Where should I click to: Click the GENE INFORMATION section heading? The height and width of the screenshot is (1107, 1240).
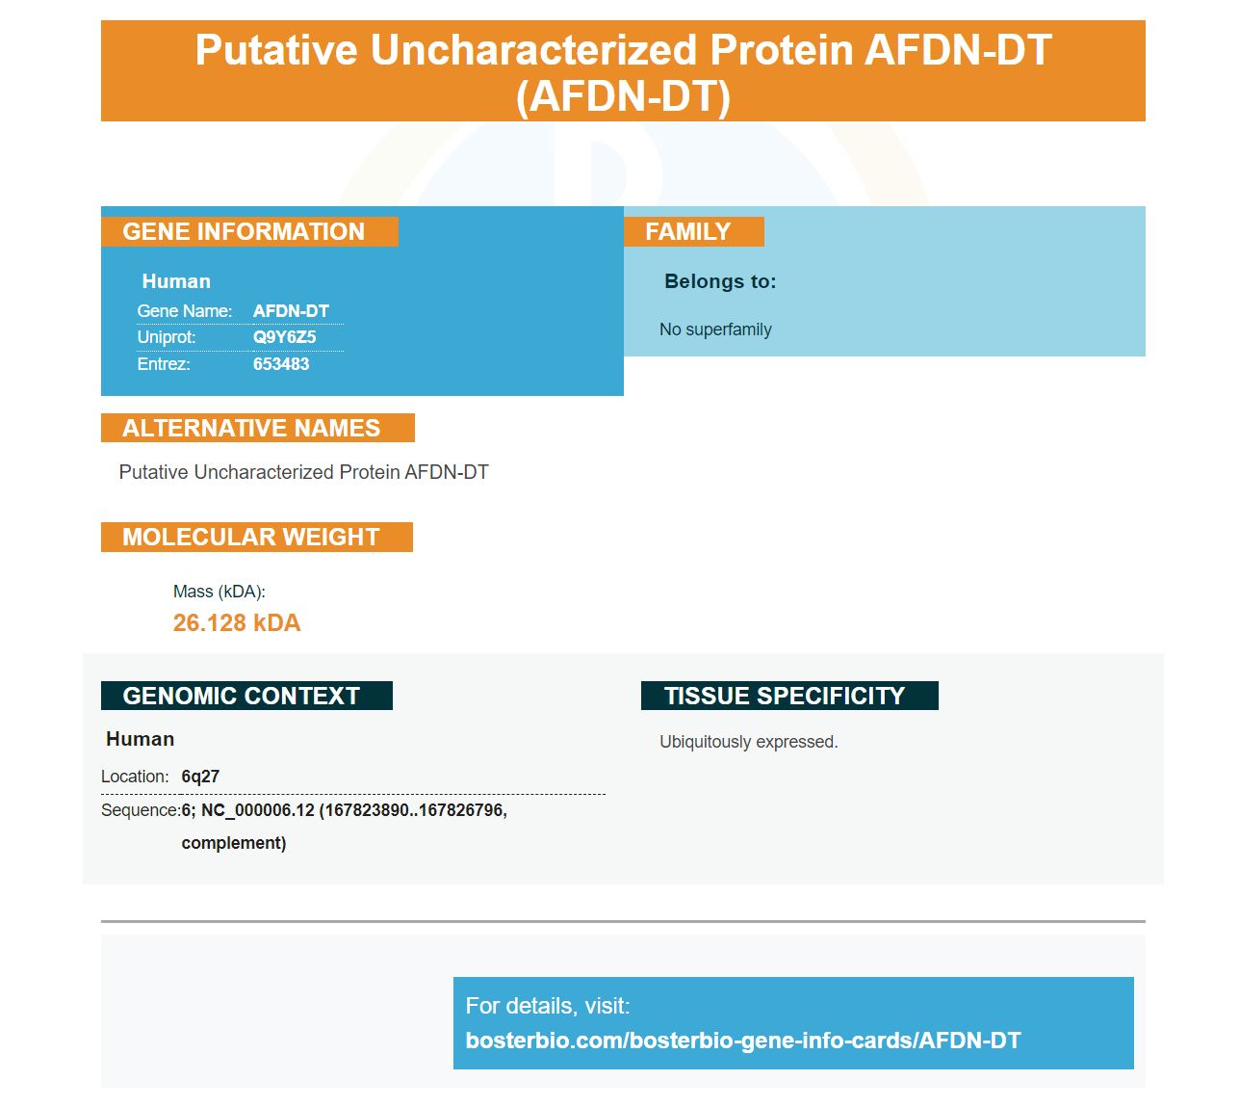click(243, 231)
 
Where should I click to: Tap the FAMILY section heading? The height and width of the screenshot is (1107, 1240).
click(687, 231)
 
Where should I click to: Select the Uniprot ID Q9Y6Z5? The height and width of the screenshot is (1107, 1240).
click(285, 337)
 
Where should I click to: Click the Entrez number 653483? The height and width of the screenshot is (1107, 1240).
click(281, 364)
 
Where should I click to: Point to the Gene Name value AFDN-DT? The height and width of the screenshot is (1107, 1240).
click(291, 310)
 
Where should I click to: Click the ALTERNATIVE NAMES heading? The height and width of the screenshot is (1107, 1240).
click(251, 428)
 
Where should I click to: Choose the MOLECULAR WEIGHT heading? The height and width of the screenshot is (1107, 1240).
click(251, 537)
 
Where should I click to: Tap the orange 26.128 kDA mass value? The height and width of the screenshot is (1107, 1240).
click(236, 622)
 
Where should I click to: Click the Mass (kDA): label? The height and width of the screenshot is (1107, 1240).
click(220, 592)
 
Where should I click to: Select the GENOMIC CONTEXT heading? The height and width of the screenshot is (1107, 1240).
click(241, 696)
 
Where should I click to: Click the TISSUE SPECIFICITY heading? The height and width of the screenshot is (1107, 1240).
click(784, 696)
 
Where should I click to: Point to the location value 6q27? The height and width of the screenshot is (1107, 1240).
click(200, 777)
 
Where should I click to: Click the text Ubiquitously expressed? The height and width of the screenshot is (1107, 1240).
click(749, 742)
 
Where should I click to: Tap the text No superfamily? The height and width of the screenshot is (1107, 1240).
click(715, 329)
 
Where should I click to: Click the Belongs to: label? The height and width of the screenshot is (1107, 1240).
click(720, 281)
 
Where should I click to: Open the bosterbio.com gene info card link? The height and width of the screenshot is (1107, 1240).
click(742, 1041)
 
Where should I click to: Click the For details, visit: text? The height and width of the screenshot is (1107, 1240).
click(547, 1005)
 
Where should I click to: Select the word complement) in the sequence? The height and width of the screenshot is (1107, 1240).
click(233, 843)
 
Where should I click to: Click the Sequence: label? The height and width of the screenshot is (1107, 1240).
click(141, 810)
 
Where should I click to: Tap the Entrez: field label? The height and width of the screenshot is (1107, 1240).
click(164, 364)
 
